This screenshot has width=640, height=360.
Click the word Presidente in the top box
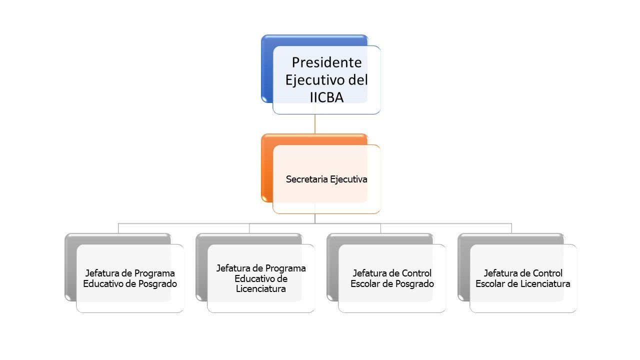(326, 62)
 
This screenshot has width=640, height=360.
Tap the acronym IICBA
(326, 97)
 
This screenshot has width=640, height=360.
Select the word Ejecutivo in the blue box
(314, 80)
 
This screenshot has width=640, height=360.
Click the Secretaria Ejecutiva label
(326, 179)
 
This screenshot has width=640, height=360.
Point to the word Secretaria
(304, 179)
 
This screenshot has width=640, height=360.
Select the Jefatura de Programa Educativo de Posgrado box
(130, 278)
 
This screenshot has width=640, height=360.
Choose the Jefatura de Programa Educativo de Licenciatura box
(261, 278)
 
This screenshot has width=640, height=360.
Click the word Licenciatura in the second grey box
(261, 289)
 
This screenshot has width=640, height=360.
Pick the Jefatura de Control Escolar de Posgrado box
(392, 278)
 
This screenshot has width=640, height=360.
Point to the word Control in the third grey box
(416, 273)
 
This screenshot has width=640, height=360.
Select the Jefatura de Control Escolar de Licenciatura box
(523, 278)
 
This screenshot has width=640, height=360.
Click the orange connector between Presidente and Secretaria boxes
(314, 124)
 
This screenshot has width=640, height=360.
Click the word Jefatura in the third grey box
(371, 273)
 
